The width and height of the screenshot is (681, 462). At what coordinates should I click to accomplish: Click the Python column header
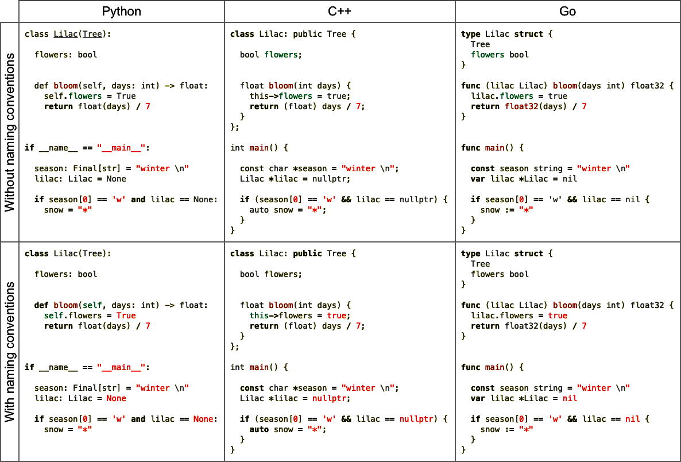(x=121, y=11)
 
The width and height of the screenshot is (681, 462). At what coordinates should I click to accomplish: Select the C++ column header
(x=339, y=11)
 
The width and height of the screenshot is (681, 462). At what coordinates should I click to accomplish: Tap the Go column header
(x=567, y=11)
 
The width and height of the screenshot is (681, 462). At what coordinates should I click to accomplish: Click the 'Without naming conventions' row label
(x=10, y=132)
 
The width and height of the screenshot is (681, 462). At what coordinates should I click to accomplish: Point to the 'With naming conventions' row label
(x=10, y=352)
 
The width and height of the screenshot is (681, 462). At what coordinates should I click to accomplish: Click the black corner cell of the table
(x=10, y=11)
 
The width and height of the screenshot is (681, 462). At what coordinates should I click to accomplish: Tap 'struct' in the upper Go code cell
(x=529, y=34)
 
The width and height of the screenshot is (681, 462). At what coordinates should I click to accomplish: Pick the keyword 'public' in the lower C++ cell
(x=307, y=253)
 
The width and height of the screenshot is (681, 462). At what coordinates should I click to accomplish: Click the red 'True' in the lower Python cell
(x=126, y=315)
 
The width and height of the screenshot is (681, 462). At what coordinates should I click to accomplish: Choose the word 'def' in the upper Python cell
(x=41, y=86)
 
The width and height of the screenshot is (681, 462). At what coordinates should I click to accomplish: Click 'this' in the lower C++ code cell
(x=259, y=315)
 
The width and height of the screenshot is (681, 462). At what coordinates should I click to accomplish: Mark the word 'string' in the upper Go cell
(x=532, y=168)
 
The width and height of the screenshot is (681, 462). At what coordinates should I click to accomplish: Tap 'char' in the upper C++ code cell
(x=278, y=168)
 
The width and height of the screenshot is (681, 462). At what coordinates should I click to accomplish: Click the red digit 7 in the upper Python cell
(x=148, y=106)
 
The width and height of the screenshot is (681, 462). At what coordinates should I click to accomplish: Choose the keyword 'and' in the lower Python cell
(x=138, y=419)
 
